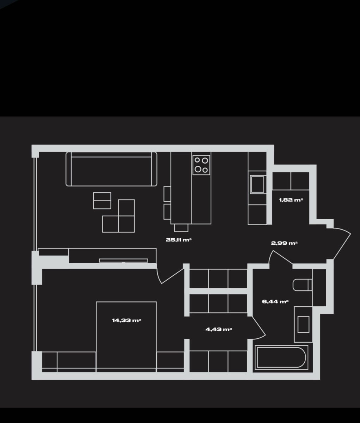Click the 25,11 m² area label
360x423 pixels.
[x=179, y=240]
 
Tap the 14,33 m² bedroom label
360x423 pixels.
[x=126, y=320]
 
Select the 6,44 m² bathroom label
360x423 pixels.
[x=275, y=301]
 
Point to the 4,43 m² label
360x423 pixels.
[x=218, y=329]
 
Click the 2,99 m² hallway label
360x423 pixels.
[x=284, y=243]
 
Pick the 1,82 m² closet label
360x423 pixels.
[x=291, y=200]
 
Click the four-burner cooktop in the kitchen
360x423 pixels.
[x=201, y=165]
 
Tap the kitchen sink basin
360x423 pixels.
[x=258, y=184]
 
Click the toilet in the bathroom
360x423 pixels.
[x=302, y=285]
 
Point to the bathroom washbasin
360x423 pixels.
[x=303, y=324]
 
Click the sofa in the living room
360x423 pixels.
[x=111, y=169]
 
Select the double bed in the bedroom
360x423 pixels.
[x=126, y=337]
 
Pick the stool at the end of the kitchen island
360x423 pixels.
[x=181, y=228]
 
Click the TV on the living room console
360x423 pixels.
[x=124, y=260]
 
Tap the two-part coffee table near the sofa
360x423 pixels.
[x=102, y=201]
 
